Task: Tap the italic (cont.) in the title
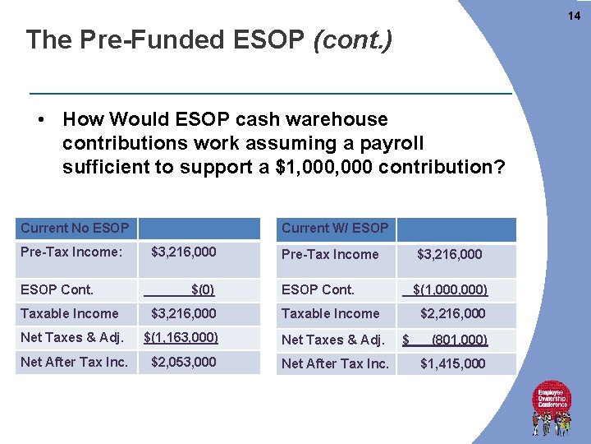pyautogui.click(x=352, y=39)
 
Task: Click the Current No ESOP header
pyautogui.click(x=75, y=228)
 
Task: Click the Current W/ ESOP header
pyautogui.click(x=335, y=228)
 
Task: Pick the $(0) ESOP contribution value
pyautogui.click(x=203, y=289)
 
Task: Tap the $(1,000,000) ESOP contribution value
pyautogui.click(x=450, y=289)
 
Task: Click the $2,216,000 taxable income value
pyautogui.click(x=452, y=313)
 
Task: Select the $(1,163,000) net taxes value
pyautogui.click(x=181, y=337)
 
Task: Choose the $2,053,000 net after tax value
pyautogui.click(x=184, y=362)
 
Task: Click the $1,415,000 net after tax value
pyautogui.click(x=452, y=363)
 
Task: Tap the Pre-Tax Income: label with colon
pyautogui.click(x=71, y=252)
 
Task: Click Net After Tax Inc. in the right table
pyautogui.click(x=335, y=363)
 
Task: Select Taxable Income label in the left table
pyautogui.click(x=69, y=313)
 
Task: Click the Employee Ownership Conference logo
pyautogui.click(x=552, y=406)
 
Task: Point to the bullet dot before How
pyautogui.click(x=40, y=120)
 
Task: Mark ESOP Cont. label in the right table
pyautogui.click(x=318, y=289)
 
